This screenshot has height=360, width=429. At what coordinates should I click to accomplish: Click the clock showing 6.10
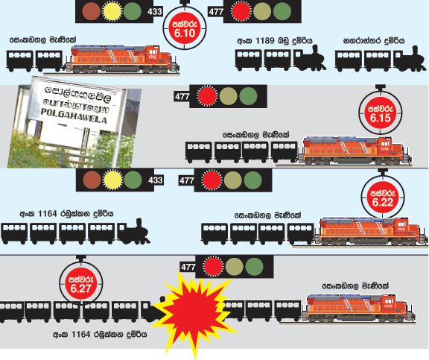coord(185,28)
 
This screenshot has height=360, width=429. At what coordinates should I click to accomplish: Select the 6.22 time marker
coord(383,198)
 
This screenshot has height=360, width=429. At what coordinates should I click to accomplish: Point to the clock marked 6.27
coord(80,285)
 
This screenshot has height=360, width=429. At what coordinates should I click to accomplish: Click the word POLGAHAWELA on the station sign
coord(74,116)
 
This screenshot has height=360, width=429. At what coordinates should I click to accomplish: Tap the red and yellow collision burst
coord(195,312)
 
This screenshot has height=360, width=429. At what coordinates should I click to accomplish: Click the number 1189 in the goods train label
coord(264,41)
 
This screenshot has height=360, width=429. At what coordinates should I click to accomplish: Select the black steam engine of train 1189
coord(310,59)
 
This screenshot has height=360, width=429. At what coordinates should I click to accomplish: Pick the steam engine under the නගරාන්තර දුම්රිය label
coord(410,59)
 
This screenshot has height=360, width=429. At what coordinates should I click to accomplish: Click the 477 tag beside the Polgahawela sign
coord(182,96)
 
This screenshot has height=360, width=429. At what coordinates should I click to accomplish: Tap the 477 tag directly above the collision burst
coord(188,267)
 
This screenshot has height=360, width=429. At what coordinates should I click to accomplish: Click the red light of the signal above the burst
coord(214,266)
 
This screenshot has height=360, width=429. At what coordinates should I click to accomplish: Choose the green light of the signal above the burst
coord(254,267)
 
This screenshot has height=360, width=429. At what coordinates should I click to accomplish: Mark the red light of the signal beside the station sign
coord(207,96)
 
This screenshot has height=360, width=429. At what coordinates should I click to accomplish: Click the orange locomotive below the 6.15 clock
coord(355,151)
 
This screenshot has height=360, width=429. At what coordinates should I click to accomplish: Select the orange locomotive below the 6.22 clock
coord(371,232)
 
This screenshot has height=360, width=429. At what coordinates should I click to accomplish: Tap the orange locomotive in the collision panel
coord(358,309)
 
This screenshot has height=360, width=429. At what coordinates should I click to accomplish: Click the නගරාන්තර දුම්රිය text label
coord(374,41)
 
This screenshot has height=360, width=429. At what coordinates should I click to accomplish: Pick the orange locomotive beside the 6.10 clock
coord(122,59)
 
